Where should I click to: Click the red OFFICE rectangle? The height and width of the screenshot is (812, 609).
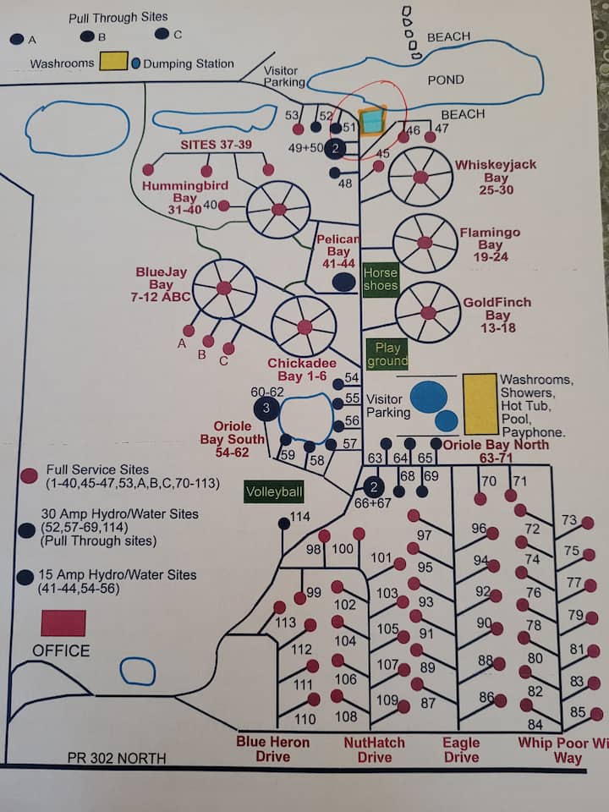63,623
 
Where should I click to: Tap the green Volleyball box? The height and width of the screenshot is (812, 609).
274,492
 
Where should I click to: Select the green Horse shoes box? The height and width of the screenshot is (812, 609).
380,279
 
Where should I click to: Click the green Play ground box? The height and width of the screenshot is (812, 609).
387,354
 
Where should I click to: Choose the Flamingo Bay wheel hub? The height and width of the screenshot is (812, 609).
425,243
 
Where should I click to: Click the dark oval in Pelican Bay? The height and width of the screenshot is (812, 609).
343,283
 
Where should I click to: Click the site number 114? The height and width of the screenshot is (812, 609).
299,517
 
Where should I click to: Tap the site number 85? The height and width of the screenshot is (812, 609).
579,712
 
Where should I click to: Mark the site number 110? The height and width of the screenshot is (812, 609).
304,720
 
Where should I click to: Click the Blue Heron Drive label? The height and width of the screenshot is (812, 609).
272,749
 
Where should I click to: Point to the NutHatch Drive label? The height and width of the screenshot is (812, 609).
374,749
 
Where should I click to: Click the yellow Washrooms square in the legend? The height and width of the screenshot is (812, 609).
113,62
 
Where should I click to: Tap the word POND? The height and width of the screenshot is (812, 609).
446,80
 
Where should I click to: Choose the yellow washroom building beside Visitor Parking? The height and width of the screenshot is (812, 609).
480,403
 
